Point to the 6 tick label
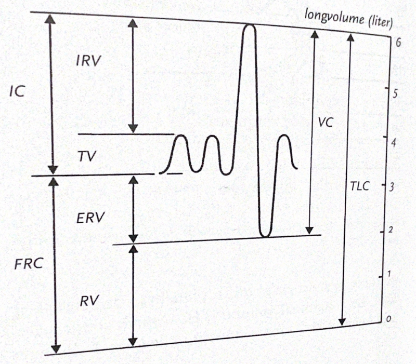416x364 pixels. click(398, 43)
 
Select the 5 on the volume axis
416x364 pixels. click(396, 93)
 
